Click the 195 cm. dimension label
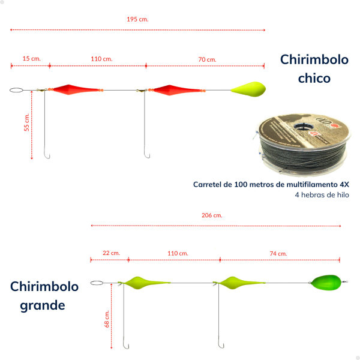pyautogui.click(x=137, y=19)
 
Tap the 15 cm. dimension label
pyautogui.click(x=31, y=59)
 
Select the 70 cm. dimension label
pyautogui.click(x=208, y=59)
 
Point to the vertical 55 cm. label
pyautogui.click(x=26, y=122)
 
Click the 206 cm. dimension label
pyautogui.click(x=212, y=215)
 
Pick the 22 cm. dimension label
pyautogui.click(x=111, y=253)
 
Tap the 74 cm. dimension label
pyautogui.click(x=278, y=254)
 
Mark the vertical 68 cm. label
pyautogui.click(x=107, y=319)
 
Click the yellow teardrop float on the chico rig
pyautogui.click(x=248, y=89)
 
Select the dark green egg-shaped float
pyautogui.click(x=326, y=283)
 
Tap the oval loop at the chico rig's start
pyautogui.click(x=16, y=88)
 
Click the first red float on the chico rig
pyautogui.click(x=76, y=89)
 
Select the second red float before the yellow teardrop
pyautogui.click(x=177, y=90)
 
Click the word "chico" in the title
pyautogui.click(x=314, y=78)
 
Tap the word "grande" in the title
pyautogui.click(x=43, y=305)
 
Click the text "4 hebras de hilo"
pyautogui.click(x=322, y=195)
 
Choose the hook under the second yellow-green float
pyautogui.click(x=221, y=344)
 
